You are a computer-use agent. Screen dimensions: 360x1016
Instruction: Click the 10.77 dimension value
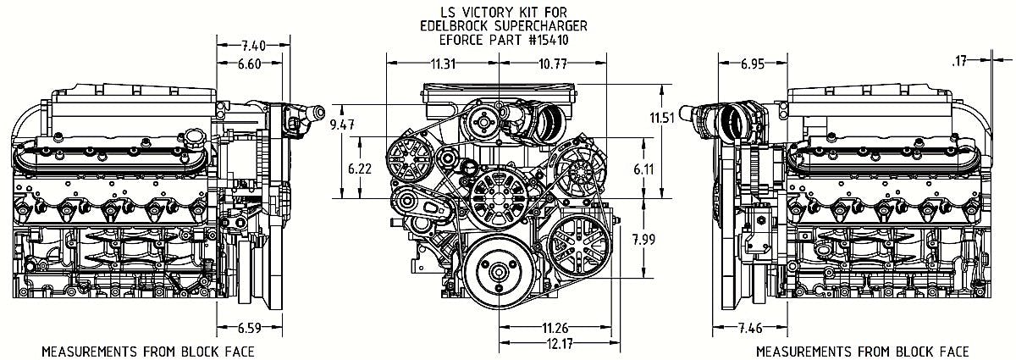(x=553, y=64)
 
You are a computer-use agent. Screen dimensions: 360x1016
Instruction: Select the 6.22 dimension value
(x=360, y=169)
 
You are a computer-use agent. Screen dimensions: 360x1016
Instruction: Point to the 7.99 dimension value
(x=644, y=240)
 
